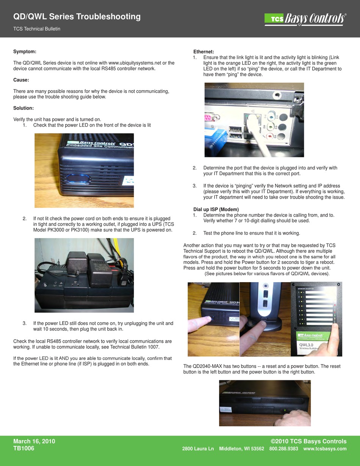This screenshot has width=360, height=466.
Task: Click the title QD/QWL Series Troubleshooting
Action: click(77, 17)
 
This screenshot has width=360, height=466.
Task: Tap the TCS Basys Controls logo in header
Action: click(305, 19)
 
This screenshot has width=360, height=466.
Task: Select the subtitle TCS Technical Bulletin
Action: click(37, 29)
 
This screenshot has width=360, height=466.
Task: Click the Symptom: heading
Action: click(25, 51)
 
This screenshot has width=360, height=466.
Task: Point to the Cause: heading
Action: click(21, 80)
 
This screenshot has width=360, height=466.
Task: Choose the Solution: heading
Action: click(23, 108)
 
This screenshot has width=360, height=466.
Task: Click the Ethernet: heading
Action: click(204, 52)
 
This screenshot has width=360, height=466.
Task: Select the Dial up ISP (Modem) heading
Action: click(216, 209)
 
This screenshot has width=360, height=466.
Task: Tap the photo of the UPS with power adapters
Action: click(84, 275)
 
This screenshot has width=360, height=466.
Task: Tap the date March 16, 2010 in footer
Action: click(34, 441)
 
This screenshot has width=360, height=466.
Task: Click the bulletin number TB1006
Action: click(24, 449)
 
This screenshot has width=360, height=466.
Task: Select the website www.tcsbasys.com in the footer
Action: click(325, 449)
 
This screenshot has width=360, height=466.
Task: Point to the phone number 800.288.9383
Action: click(283, 449)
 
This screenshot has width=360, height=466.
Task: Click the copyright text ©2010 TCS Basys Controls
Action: click(308, 441)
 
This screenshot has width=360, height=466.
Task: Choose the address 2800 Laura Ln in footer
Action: click(198, 449)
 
